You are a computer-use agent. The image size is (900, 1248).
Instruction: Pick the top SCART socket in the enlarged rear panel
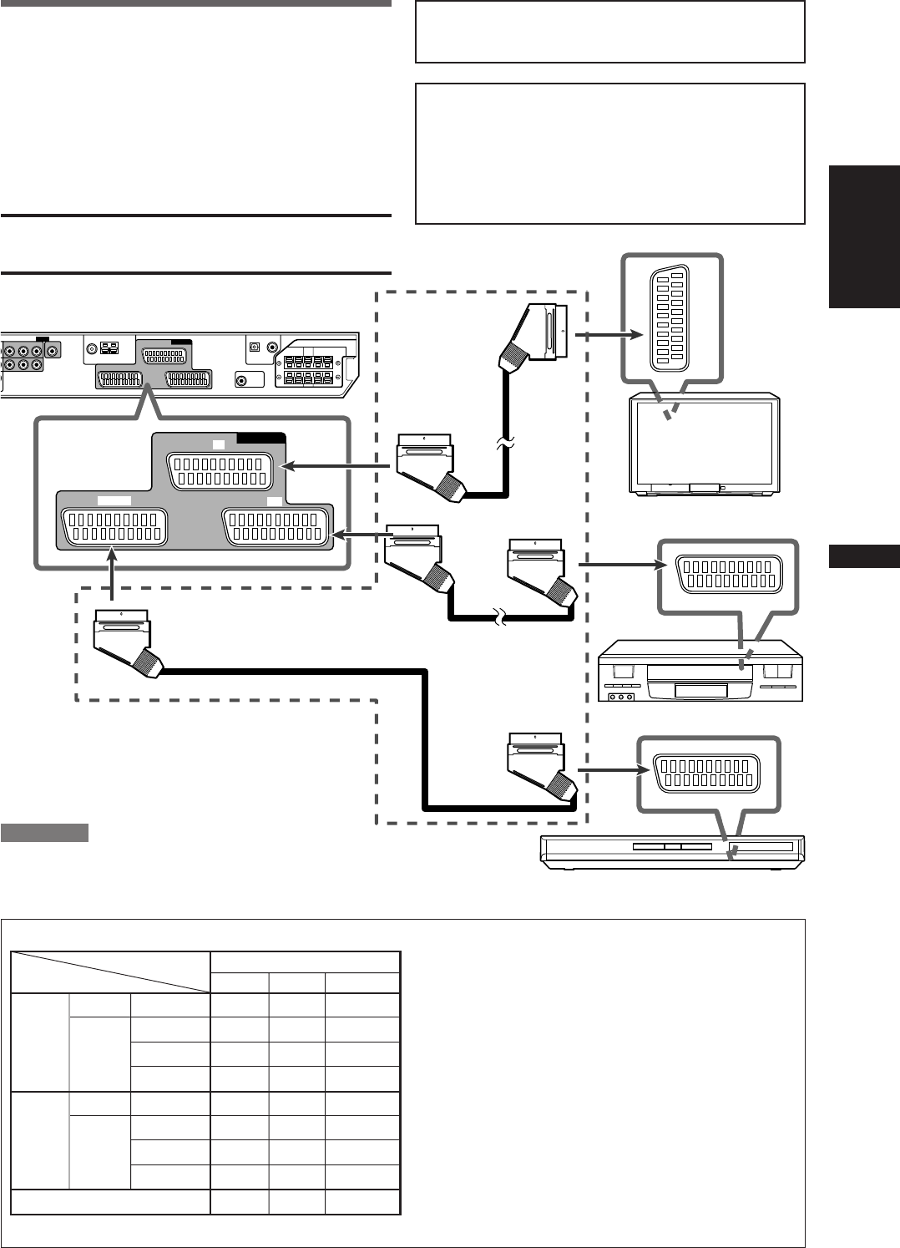pyautogui.click(x=220, y=471)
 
